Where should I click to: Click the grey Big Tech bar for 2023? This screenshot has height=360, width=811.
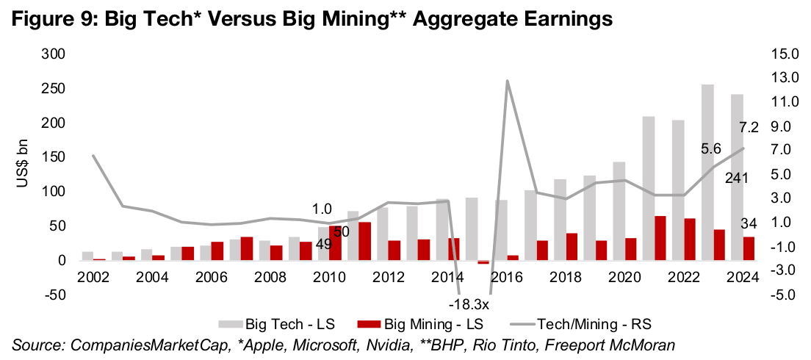pyautogui.click(x=707, y=173)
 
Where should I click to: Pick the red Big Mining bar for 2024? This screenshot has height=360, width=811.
pyautogui.click(x=748, y=248)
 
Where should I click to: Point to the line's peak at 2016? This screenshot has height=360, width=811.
pyautogui.click(x=507, y=81)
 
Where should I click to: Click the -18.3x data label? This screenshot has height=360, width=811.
pyautogui.click(x=466, y=302)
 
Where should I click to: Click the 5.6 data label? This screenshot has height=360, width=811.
pyautogui.click(x=710, y=148)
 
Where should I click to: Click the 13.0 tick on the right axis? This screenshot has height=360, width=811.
pyautogui.click(x=785, y=77)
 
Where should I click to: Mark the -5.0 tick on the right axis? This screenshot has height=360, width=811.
pyautogui.click(x=785, y=295)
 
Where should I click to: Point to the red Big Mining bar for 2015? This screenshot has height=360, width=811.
pyautogui.click(x=483, y=262)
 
